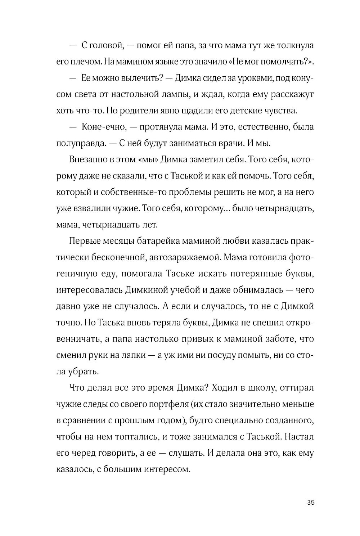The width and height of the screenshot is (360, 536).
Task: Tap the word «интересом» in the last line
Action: coord(167,469)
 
